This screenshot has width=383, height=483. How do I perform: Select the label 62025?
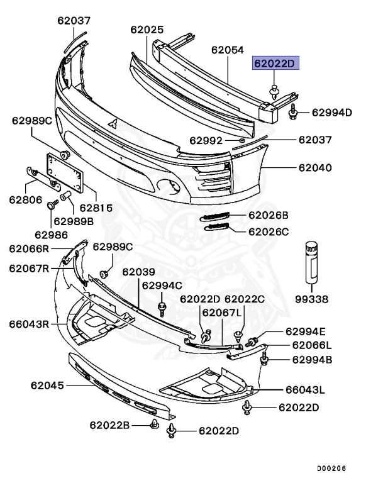pyautogui.click(x=147, y=30)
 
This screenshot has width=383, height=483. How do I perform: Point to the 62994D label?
pyautogui.click(x=332, y=113)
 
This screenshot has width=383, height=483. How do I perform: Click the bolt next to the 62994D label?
pyautogui.click(x=294, y=113)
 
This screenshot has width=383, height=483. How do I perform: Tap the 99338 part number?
pyautogui.click(x=313, y=299)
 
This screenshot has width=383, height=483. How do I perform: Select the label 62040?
pyautogui.click(x=315, y=169)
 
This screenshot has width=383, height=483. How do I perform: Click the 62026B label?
pyautogui.click(x=269, y=215)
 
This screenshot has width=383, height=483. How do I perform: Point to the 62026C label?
pyautogui.click(x=269, y=231)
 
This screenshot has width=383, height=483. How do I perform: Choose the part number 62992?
pyautogui.click(x=207, y=140)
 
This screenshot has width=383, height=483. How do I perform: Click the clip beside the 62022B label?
pyautogui.click(x=153, y=426)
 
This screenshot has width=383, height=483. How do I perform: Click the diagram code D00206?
pyautogui.click(x=331, y=469)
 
